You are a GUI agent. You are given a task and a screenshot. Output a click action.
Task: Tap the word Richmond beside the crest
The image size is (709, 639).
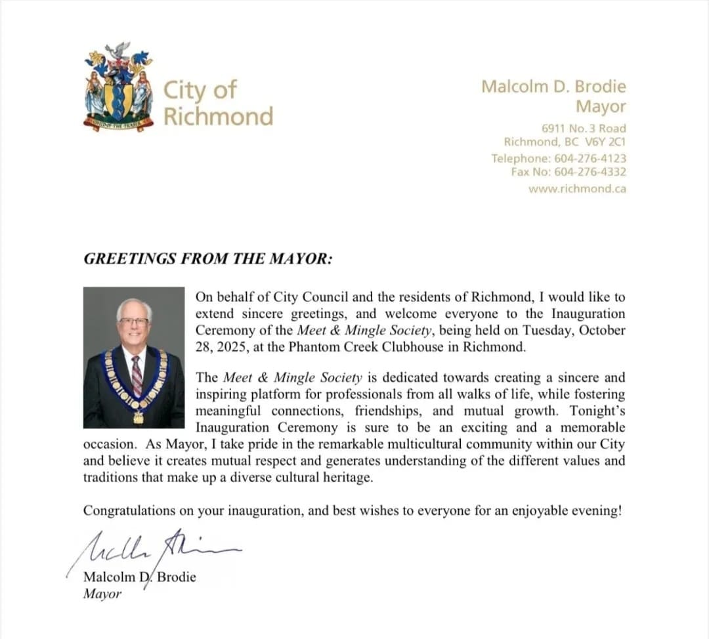[x=218, y=116]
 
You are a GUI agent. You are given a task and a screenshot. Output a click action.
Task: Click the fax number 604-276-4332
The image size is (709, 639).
[x=589, y=172]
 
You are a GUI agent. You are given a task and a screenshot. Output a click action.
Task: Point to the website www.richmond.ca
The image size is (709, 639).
[x=577, y=189]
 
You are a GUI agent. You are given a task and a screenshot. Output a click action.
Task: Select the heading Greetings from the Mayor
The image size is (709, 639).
[x=208, y=259]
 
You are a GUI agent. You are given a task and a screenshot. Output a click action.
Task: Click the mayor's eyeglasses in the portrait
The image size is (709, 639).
[x=133, y=322]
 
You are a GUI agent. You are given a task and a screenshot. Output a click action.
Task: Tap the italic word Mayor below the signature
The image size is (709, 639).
[x=102, y=594]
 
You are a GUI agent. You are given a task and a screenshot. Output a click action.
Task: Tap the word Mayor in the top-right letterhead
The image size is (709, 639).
[x=601, y=106]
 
